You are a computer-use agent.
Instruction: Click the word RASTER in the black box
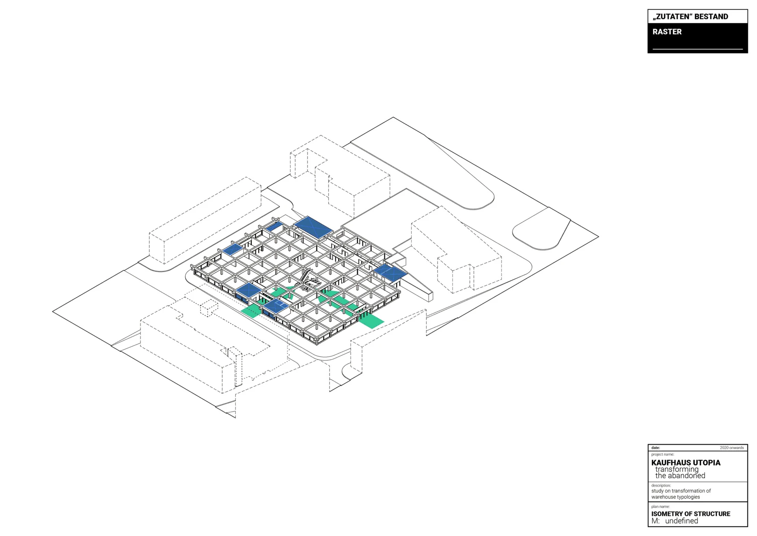point(667,32)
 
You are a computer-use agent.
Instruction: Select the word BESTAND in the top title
point(711,17)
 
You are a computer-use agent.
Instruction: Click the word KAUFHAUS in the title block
point(671,463)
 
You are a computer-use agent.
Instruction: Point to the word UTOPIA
point(707,463)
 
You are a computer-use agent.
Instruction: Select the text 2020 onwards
point(732,448)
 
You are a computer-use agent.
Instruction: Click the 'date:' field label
point(656,448)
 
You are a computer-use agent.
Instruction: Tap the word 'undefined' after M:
point(682,521)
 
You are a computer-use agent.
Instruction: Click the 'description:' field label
point(661,485)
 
